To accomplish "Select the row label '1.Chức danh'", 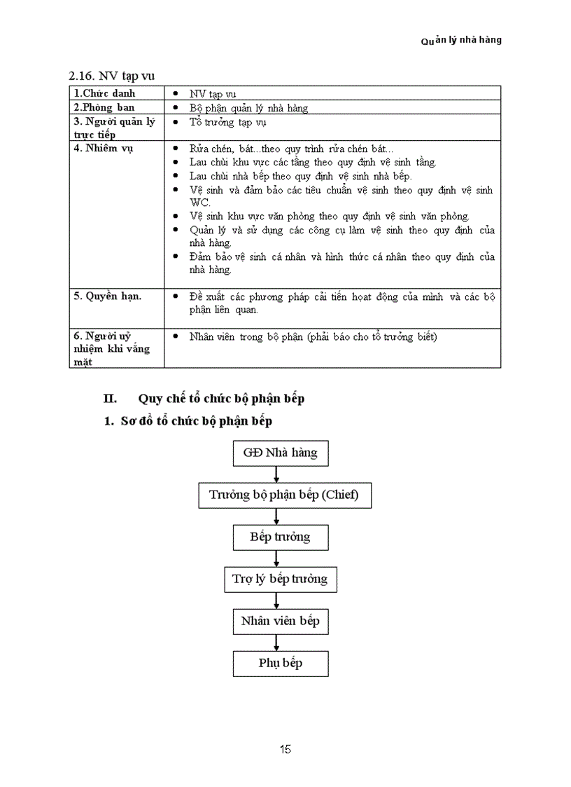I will click(105, 93).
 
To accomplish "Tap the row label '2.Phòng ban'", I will click(104, 107).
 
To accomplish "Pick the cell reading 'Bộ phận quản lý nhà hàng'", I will click(248, 108).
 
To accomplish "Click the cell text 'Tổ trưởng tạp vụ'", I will click(227, 122).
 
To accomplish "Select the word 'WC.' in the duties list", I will click(199, 203).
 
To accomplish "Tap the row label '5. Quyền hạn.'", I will click(108, 296).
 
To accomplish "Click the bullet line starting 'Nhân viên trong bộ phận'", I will click(313, 337).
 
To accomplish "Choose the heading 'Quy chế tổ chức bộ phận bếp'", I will click(221, 399).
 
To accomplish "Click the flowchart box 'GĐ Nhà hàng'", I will click(280, 453).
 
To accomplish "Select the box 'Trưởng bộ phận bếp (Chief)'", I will click(284, 495).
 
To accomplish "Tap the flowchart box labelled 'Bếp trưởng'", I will click(280, 538).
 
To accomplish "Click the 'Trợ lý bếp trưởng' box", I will click(280, 580).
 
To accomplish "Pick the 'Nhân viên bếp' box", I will click(280, 621).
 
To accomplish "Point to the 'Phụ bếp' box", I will click(280, 663).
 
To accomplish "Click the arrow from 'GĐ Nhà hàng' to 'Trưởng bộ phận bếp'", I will click(278, 474).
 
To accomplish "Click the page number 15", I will click(285, 750).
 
